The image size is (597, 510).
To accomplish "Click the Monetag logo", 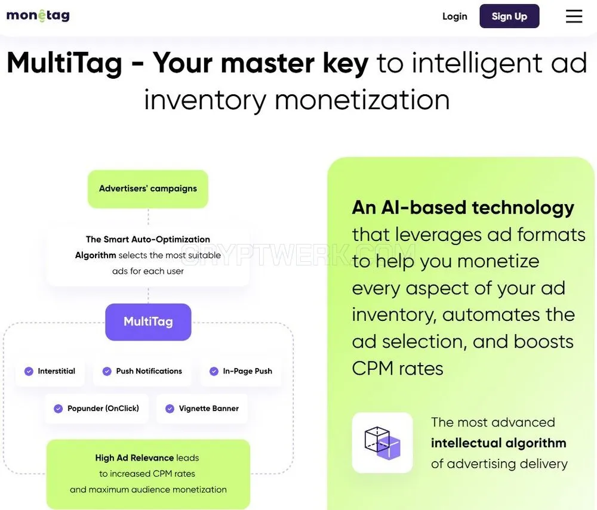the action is [38, 16].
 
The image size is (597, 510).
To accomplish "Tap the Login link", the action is [454, 16].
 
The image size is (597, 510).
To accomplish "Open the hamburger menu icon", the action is [574, 16].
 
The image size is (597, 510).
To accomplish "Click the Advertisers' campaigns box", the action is [148, 188].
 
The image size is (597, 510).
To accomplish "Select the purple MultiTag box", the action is [148, 322].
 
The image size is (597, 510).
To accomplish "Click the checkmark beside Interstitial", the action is [29, 371].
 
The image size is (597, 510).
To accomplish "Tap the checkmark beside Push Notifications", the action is [107, 371].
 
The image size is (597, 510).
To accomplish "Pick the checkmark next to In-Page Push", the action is [214, 371].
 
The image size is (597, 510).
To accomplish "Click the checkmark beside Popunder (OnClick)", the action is [59, 409].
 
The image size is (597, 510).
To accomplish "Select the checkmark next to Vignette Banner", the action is [170, 409].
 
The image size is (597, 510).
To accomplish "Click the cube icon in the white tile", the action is [382, 443].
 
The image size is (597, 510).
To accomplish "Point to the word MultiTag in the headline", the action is [64, 63].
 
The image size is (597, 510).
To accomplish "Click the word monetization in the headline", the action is [362, 100].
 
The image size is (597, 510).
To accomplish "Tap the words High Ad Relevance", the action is [134, 458].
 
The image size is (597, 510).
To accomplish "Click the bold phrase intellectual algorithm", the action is [498, 443].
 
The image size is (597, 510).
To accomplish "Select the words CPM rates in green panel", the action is [398, 369].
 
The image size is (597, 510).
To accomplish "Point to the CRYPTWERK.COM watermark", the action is [298, 254].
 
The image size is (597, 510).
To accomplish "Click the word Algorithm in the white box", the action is [96, 255].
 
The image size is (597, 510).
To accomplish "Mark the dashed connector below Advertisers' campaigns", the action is [148, 217].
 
